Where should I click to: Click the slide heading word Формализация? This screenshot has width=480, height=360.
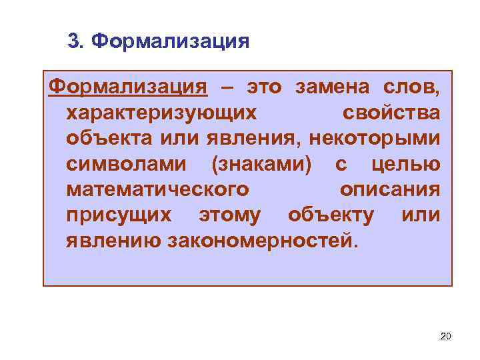pos(170,42)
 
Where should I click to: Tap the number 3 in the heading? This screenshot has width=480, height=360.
pos(74,42)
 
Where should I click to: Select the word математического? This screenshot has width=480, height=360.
pos(158,190)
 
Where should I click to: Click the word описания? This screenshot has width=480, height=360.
pos(389,190)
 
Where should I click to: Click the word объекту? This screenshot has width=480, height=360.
pos(331,216)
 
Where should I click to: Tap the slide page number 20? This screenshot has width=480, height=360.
pos(445,336)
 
